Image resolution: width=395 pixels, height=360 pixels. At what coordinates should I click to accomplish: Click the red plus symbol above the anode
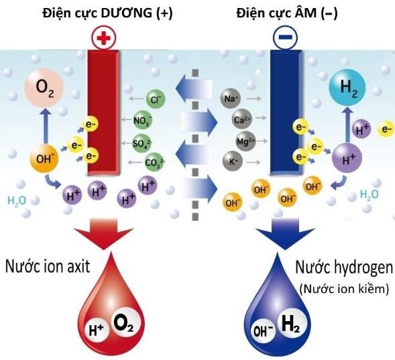104,38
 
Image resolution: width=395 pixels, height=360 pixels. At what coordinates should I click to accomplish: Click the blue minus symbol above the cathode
285,38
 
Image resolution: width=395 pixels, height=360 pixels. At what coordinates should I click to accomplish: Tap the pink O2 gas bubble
44,88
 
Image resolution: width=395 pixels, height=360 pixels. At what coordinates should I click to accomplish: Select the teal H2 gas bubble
347,87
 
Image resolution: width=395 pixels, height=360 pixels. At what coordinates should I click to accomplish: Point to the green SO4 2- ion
142,143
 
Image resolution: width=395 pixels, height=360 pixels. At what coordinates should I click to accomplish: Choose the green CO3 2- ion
154,162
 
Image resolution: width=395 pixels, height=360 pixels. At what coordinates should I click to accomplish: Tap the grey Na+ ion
230,99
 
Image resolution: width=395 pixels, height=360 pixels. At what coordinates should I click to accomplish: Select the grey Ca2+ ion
242,119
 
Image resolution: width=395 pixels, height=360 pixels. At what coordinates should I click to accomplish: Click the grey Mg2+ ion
246,141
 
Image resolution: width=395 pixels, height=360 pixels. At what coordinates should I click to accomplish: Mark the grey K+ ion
233,161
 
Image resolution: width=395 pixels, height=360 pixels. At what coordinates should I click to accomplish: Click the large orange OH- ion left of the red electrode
44,158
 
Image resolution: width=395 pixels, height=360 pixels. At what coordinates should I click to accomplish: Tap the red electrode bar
103,112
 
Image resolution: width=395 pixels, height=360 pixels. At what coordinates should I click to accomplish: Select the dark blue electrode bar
286,112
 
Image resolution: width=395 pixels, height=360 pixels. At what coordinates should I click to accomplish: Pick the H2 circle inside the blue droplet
292,323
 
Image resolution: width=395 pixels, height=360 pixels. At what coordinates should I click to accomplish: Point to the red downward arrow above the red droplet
103,234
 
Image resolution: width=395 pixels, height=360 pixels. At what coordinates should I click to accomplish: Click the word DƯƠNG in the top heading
126,13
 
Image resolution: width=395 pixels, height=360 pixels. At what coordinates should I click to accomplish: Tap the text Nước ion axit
48,266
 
